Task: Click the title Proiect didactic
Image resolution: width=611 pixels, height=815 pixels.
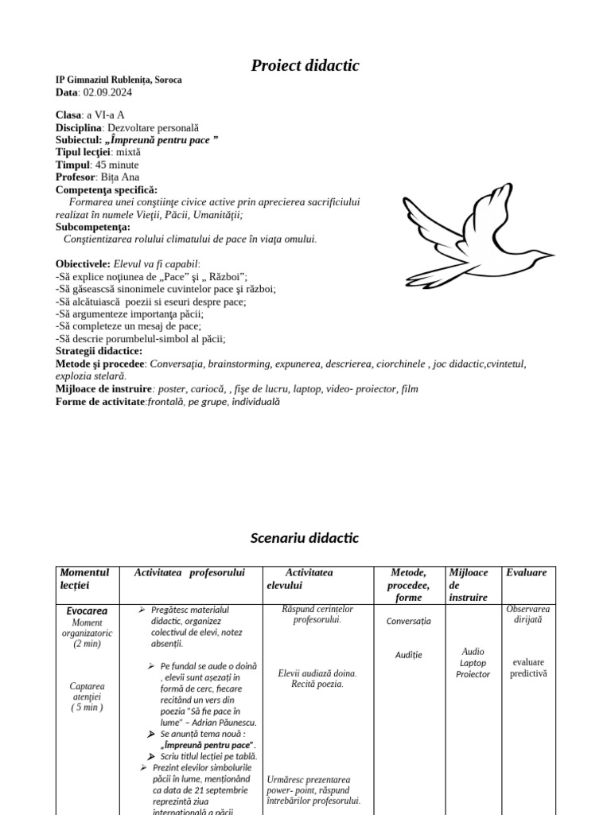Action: (305, 66)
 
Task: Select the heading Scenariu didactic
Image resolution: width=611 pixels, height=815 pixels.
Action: (305, 538)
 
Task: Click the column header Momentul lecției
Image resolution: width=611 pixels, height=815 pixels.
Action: (84, 579)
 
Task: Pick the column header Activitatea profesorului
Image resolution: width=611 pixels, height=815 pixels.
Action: (189, 573)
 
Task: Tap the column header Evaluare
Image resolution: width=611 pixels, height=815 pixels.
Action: (526, 573)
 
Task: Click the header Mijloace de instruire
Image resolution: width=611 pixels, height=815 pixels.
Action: (472, 584)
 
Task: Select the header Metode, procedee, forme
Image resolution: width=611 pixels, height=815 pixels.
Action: (411, 584)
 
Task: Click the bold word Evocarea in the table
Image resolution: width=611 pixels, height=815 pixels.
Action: (87, 610)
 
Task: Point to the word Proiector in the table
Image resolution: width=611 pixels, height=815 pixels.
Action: (473, 674)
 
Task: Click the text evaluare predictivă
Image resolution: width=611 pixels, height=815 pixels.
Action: (528, 668)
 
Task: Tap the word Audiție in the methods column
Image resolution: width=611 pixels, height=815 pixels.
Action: (409, 655)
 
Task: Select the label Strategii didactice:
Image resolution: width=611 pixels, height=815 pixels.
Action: (99, 351)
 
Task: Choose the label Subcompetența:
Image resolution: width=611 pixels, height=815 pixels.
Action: (92, 227)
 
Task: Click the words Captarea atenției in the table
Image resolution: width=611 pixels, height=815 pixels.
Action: (87, 691)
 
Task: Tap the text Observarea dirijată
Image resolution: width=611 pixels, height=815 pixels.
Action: (528, 614)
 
